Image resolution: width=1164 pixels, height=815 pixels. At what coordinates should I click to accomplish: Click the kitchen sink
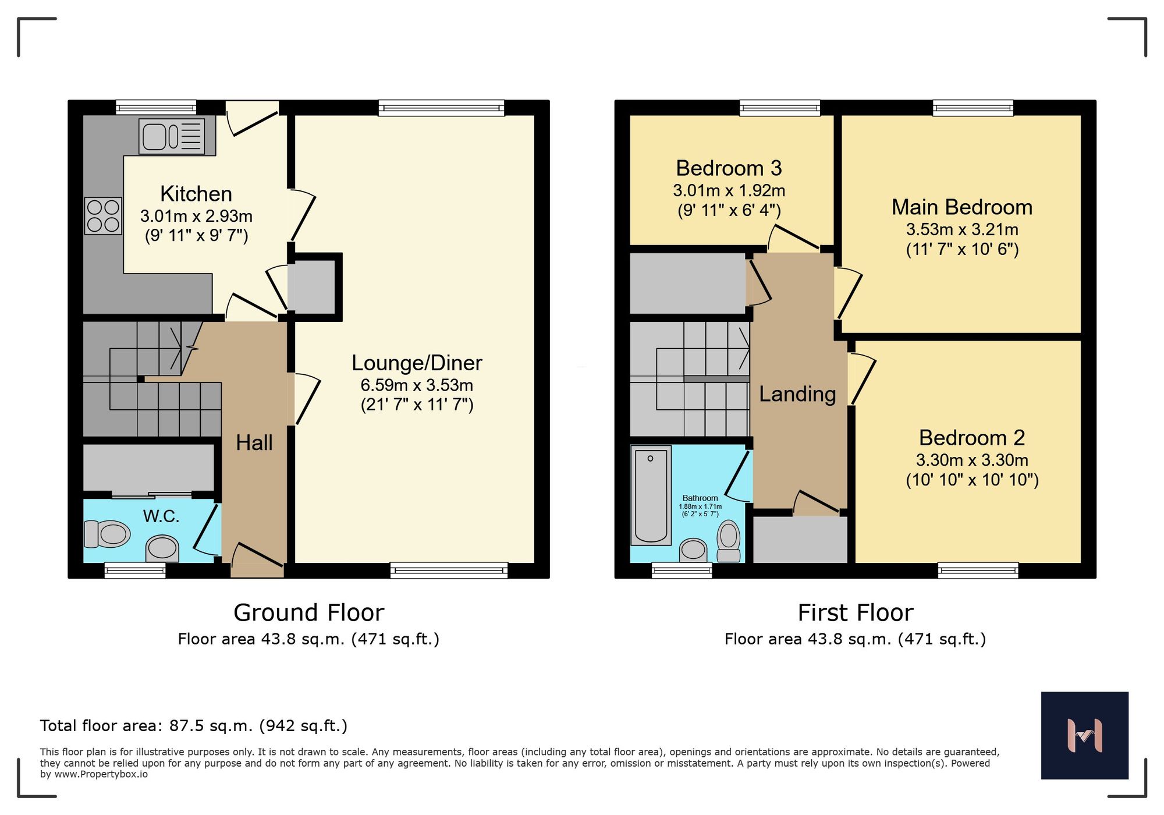171,137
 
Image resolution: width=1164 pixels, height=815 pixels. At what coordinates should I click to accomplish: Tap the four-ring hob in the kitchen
103,216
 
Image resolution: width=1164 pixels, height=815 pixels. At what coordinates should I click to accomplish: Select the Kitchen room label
196,194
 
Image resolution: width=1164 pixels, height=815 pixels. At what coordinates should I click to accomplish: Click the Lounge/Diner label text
417,363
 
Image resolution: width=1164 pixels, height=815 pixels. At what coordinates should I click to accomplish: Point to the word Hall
254,443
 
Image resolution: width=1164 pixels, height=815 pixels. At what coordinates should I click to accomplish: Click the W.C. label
161,516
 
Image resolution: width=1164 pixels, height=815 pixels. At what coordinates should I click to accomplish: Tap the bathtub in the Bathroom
651,495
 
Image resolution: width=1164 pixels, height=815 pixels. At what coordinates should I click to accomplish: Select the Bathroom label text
700,498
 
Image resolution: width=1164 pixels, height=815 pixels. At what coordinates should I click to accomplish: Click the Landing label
797,394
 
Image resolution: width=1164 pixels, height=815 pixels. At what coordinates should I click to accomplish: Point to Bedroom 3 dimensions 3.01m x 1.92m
729,190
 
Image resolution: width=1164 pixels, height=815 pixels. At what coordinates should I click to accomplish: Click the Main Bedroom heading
962,207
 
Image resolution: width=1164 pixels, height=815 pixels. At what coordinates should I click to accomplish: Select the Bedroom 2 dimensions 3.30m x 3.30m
972,460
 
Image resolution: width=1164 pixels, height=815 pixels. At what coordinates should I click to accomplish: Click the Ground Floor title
308,613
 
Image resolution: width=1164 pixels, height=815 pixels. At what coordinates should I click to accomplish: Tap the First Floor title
855,613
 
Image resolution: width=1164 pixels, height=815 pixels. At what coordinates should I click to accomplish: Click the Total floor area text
193,726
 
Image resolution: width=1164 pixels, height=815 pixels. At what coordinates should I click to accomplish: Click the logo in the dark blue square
1084,735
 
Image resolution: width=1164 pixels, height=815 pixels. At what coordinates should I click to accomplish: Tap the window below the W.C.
135,570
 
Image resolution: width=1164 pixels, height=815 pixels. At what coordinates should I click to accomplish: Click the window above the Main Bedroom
973,108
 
